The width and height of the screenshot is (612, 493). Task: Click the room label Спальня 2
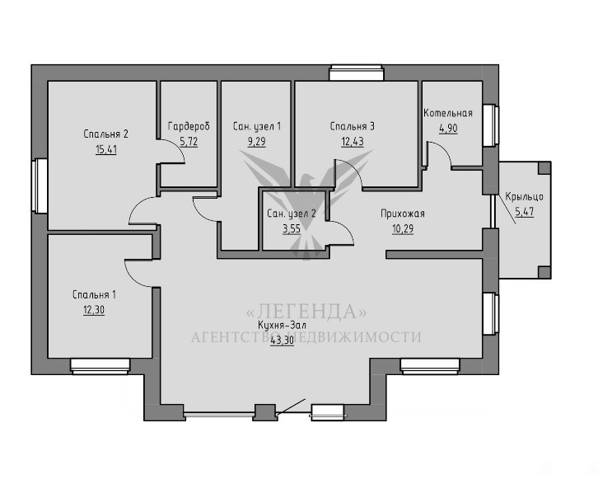coord(105,134)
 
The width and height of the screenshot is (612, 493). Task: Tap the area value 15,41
coord(105,149)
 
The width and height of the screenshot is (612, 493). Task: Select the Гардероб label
coord(189,126)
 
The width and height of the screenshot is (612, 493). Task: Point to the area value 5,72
coord(189,142)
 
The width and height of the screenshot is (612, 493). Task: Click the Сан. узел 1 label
coord(256,126)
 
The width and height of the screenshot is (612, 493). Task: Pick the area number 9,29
coord(256,142)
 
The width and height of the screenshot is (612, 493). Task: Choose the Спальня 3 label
coord(352,126)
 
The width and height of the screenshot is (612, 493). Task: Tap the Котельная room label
coord(448,113)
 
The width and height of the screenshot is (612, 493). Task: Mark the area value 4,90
coord(448,129)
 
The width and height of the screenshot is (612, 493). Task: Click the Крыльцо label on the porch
coord(524,196)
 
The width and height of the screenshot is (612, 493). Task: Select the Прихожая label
coord(403,214)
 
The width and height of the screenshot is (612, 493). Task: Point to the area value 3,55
coord(292,228)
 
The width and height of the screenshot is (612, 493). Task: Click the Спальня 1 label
coord(94,294)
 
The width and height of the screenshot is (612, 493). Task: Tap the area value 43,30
coord(282,340)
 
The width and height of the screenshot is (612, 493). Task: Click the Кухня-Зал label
coord(282,325)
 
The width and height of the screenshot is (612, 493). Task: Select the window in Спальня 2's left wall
coord(40,185)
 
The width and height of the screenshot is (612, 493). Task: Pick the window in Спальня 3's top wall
coord(356,73)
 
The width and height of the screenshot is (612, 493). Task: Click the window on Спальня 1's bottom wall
coord(100,366)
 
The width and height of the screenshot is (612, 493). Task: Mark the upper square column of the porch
coord(544,168)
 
